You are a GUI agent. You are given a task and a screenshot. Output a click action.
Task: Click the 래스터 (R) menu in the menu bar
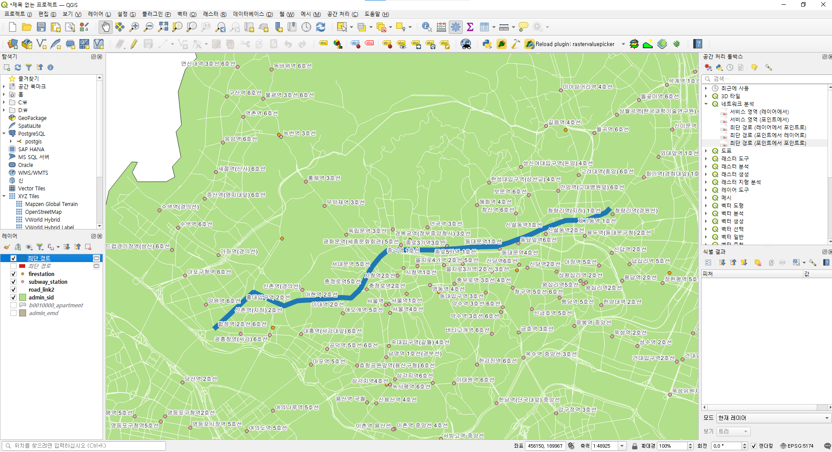pyautogui.click(x=215, y=14)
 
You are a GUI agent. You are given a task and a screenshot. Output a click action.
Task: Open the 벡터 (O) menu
pyautogui.click(x=187, y=14)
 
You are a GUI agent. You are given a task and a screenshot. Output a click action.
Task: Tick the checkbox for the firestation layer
pyautogui.click(x=13, y=274)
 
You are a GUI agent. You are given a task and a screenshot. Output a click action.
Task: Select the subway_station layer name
pyautogui.click(x=48, y=282)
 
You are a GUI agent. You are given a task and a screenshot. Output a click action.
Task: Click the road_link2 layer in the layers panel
pyautogui.click(x=41, y=290)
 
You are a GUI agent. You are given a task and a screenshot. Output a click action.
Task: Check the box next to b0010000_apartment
pyautogui.click(x=13, y=306)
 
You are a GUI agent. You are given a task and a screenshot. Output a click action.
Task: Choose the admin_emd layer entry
pyautogui.click(x=43, y=313)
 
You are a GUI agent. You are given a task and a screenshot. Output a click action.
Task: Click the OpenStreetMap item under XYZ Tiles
pyautogui.click(x=43, y=212)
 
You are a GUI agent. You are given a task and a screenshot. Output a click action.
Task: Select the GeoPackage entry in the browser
pyautogui.click(x=32, y=118)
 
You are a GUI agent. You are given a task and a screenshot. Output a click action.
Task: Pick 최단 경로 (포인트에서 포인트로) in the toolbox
pyautogui.click(x=768, y=143)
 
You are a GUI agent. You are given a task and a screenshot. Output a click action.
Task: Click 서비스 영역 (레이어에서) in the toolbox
pyautogui.click(x=759, y=112)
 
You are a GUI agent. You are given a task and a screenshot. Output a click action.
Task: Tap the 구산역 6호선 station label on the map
pyautogui.click(x=245, y=93)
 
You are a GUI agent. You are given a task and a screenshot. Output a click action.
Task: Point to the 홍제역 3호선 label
pyautogui.click(x=324, y=178)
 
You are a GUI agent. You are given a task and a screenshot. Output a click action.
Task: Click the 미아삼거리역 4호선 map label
pyautogui.click(x=587, y=87)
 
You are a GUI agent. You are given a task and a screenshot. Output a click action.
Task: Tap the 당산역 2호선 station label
pyautogui.click(x=201, y=379)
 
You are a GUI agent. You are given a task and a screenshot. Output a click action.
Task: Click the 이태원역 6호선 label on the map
pyautogui.click(x=475, y=380)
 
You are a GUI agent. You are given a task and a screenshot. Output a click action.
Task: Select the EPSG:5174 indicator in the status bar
pyautogui.click(x=800, y=446)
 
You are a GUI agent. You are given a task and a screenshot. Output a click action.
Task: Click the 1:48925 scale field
pyautogui.click(x=604, y=446)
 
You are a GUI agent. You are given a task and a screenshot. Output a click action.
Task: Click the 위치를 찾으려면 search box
pyautogui.click(x=85, y=445)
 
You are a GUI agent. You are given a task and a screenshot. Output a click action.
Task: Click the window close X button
pyautogui.click(x=823, y=4)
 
